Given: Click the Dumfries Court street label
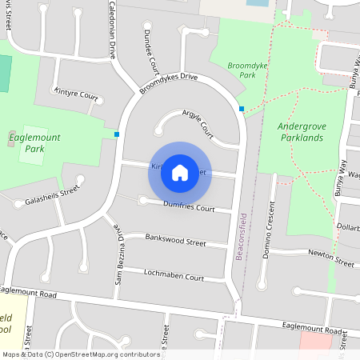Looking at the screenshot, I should tap(189, 208).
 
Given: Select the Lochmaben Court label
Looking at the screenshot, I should tap(174, 274).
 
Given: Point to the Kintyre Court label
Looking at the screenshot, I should tap(76, 95).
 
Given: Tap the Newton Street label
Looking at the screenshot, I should tap(331, 258).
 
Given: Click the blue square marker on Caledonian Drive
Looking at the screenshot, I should tap(117, 134).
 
